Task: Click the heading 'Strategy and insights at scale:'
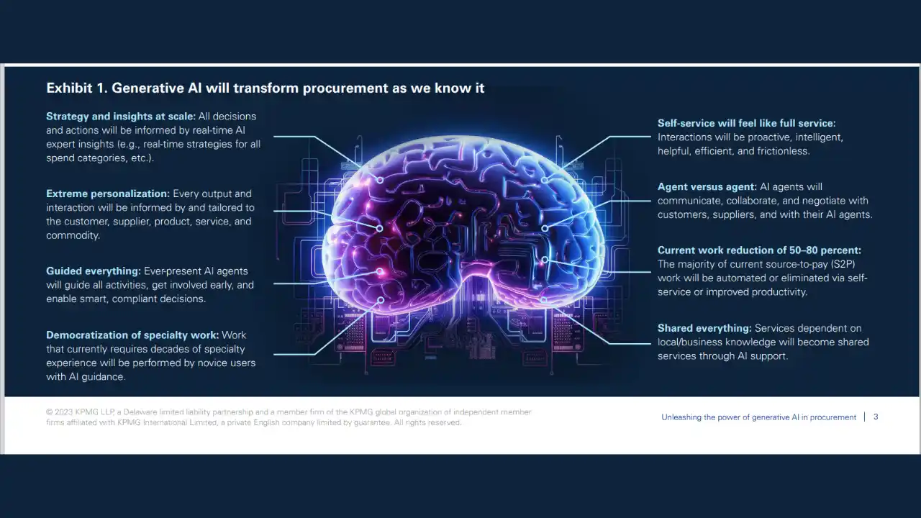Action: point(121,117)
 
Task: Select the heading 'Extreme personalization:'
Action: point(108,194)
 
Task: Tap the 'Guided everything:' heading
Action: point(94,271)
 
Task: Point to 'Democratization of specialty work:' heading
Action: point(132,335)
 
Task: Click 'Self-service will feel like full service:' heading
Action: point(747,123)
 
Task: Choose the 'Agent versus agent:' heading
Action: point(707,187)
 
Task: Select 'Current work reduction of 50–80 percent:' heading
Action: point(759,250)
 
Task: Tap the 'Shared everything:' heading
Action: point(704,329)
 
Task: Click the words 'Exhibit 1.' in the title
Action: point(77,88)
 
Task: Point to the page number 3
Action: point(876,417)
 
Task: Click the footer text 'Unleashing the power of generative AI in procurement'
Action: point(758,417)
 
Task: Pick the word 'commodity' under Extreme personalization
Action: point(73,235)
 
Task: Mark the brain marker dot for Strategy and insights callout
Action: point(380,180)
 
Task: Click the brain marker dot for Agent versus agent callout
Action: point(545,228)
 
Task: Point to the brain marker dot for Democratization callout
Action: point(381,300)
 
